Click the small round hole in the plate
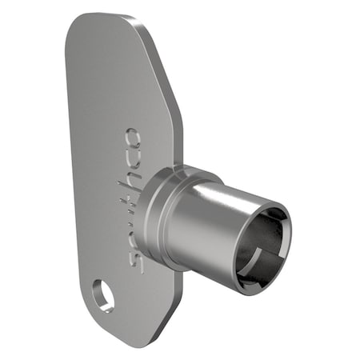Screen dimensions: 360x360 point(102,294)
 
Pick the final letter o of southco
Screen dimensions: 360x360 point(133,142)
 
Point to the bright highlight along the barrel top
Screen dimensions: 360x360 point(228,192)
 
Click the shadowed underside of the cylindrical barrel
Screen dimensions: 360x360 point(212,268)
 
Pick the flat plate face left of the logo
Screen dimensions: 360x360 point(96,160)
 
